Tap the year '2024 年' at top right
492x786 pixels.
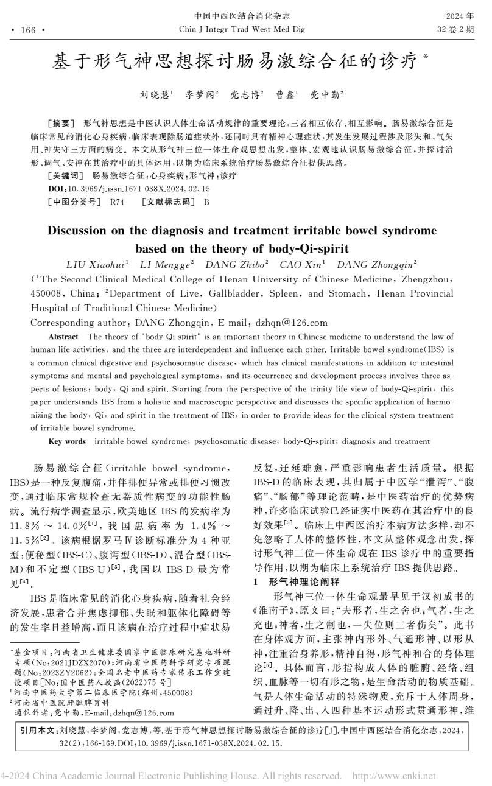[459, 15]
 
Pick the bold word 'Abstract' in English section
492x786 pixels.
[63, 336]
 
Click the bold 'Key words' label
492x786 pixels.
[67, 440]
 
